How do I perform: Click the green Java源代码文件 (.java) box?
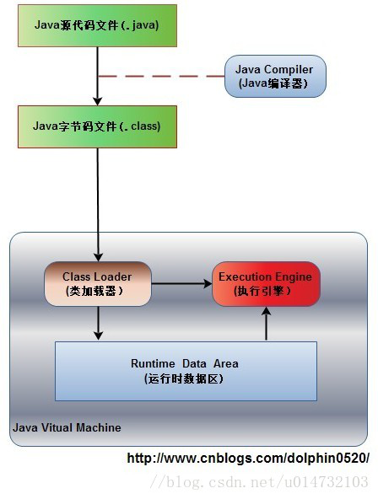(97, 25)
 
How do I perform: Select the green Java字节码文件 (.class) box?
(97, 126)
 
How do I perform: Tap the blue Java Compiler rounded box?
(275, 76)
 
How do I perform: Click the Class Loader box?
(98, 283)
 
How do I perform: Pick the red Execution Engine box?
(266, 283)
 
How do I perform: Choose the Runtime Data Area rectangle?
(186, 371)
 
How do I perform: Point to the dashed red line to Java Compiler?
(160, 76)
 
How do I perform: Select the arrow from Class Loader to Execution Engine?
(182, 284)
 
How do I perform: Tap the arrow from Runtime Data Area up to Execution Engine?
(267, 324)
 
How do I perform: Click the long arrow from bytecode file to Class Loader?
(98, 202)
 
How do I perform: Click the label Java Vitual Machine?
(67, 427)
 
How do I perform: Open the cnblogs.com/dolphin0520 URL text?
(248, 459)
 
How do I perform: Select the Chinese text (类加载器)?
(94, 291)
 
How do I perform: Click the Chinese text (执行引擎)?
(265, 291)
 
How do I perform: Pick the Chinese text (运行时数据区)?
(184, 378)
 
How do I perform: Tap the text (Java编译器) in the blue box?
(275, 83)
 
